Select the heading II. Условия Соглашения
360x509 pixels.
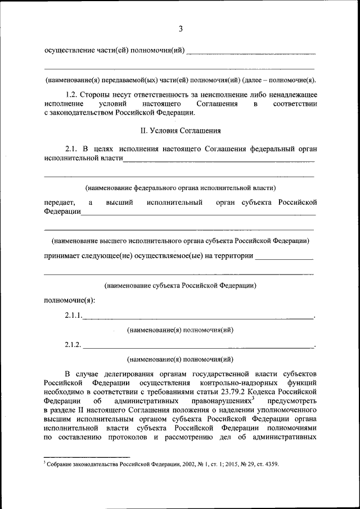click(180, 130)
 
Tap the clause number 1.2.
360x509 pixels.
click(73, 94)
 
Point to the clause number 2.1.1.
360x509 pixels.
click(73, 315)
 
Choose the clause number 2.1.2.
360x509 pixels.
click(73, 344)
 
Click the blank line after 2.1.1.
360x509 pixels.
click(197, 318)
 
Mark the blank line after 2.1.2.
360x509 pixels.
click(197, 346)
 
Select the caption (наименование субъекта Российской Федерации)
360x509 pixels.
click(180, 285)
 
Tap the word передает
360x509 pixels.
click(57, 202)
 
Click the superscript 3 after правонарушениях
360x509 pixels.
click(254, 398)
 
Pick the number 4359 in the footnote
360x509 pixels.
click(271, 465)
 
